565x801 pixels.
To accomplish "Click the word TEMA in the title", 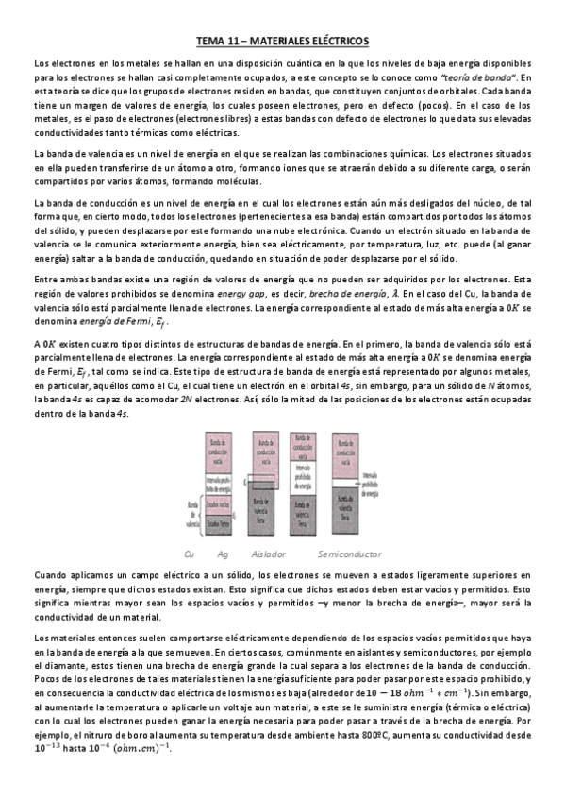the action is click(211, 42).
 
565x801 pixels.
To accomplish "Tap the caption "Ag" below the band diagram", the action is click(223, 554).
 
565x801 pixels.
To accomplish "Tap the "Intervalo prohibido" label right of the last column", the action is click(370, 488).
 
